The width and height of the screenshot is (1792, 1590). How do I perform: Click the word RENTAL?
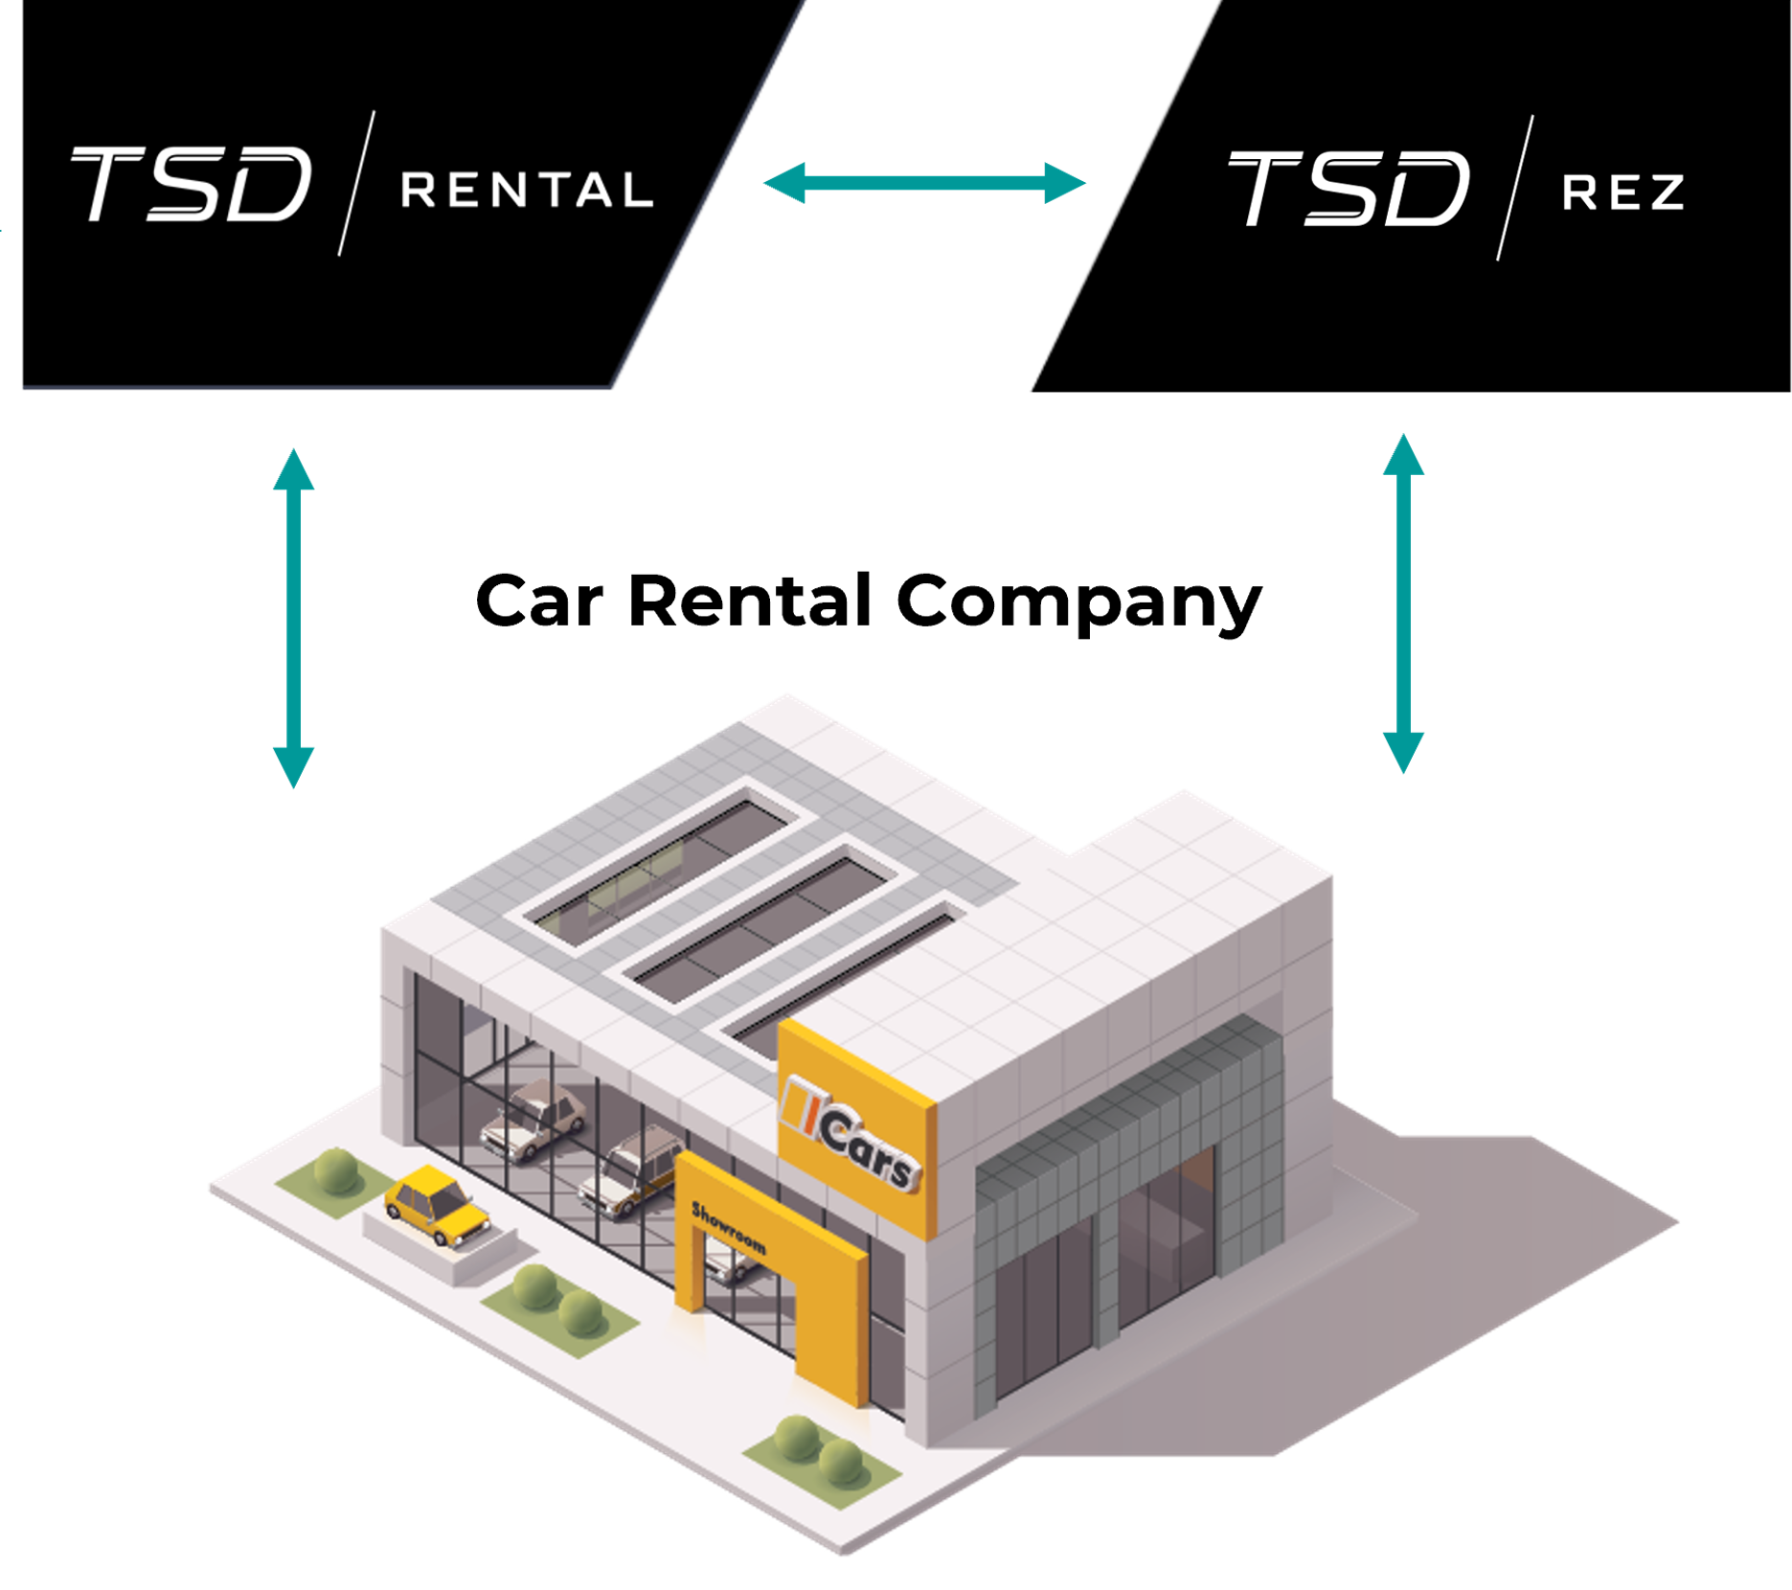[x=527, y=190]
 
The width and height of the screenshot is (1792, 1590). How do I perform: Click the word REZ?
[x=1622, y=193]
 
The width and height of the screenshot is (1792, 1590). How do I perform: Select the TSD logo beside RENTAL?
[x=192, y=184]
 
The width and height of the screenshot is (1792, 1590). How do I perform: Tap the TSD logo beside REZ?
[x=1348, y=188]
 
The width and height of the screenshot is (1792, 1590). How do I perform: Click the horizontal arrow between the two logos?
[x=924, y=183]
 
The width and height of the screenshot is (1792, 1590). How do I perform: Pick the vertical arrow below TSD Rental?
[x=293, y=618]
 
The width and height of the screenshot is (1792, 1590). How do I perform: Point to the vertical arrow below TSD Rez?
[x=1403, y=603]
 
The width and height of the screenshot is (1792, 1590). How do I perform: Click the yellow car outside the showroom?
[x=437, y=1204]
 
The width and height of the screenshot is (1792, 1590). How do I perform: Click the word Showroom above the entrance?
[x=729, y=1228]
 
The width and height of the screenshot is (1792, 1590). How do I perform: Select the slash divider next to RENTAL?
[x=356, y=184]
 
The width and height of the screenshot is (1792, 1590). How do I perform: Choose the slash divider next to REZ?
[x=1515, y=188]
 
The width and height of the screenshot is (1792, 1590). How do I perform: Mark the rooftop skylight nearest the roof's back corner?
[x=661, y=862]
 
